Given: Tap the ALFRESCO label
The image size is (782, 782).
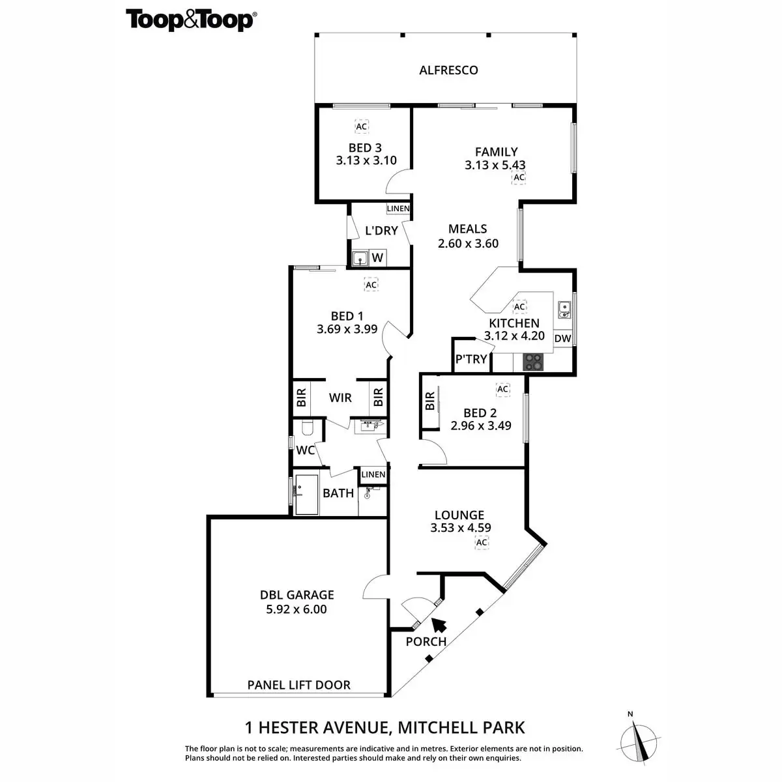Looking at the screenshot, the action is (448, 70).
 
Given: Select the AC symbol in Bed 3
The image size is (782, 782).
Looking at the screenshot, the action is (361, 126).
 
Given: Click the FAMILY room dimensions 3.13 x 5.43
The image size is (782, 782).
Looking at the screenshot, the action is (495, 166).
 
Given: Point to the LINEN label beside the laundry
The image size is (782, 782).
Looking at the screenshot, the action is (398, 209).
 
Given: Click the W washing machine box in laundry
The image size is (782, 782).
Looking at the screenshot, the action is (377, 258).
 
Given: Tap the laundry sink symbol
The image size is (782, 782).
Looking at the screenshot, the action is (360, 259).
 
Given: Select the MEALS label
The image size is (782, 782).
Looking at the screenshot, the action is (467, 229).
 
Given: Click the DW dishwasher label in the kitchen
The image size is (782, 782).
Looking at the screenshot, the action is (562, 338).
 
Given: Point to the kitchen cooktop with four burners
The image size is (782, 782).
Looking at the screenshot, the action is (533, 362).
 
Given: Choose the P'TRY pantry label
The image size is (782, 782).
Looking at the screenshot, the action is (471, 359).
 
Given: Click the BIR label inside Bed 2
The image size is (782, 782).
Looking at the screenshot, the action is (429, 401).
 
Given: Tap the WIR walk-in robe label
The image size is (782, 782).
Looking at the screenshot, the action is (340, 398).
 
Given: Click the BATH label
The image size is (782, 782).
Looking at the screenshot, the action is (338, 493).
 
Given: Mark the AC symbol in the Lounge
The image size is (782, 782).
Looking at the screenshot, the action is (482, 542).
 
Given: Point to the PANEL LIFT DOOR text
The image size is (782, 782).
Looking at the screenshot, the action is (298, 685).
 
